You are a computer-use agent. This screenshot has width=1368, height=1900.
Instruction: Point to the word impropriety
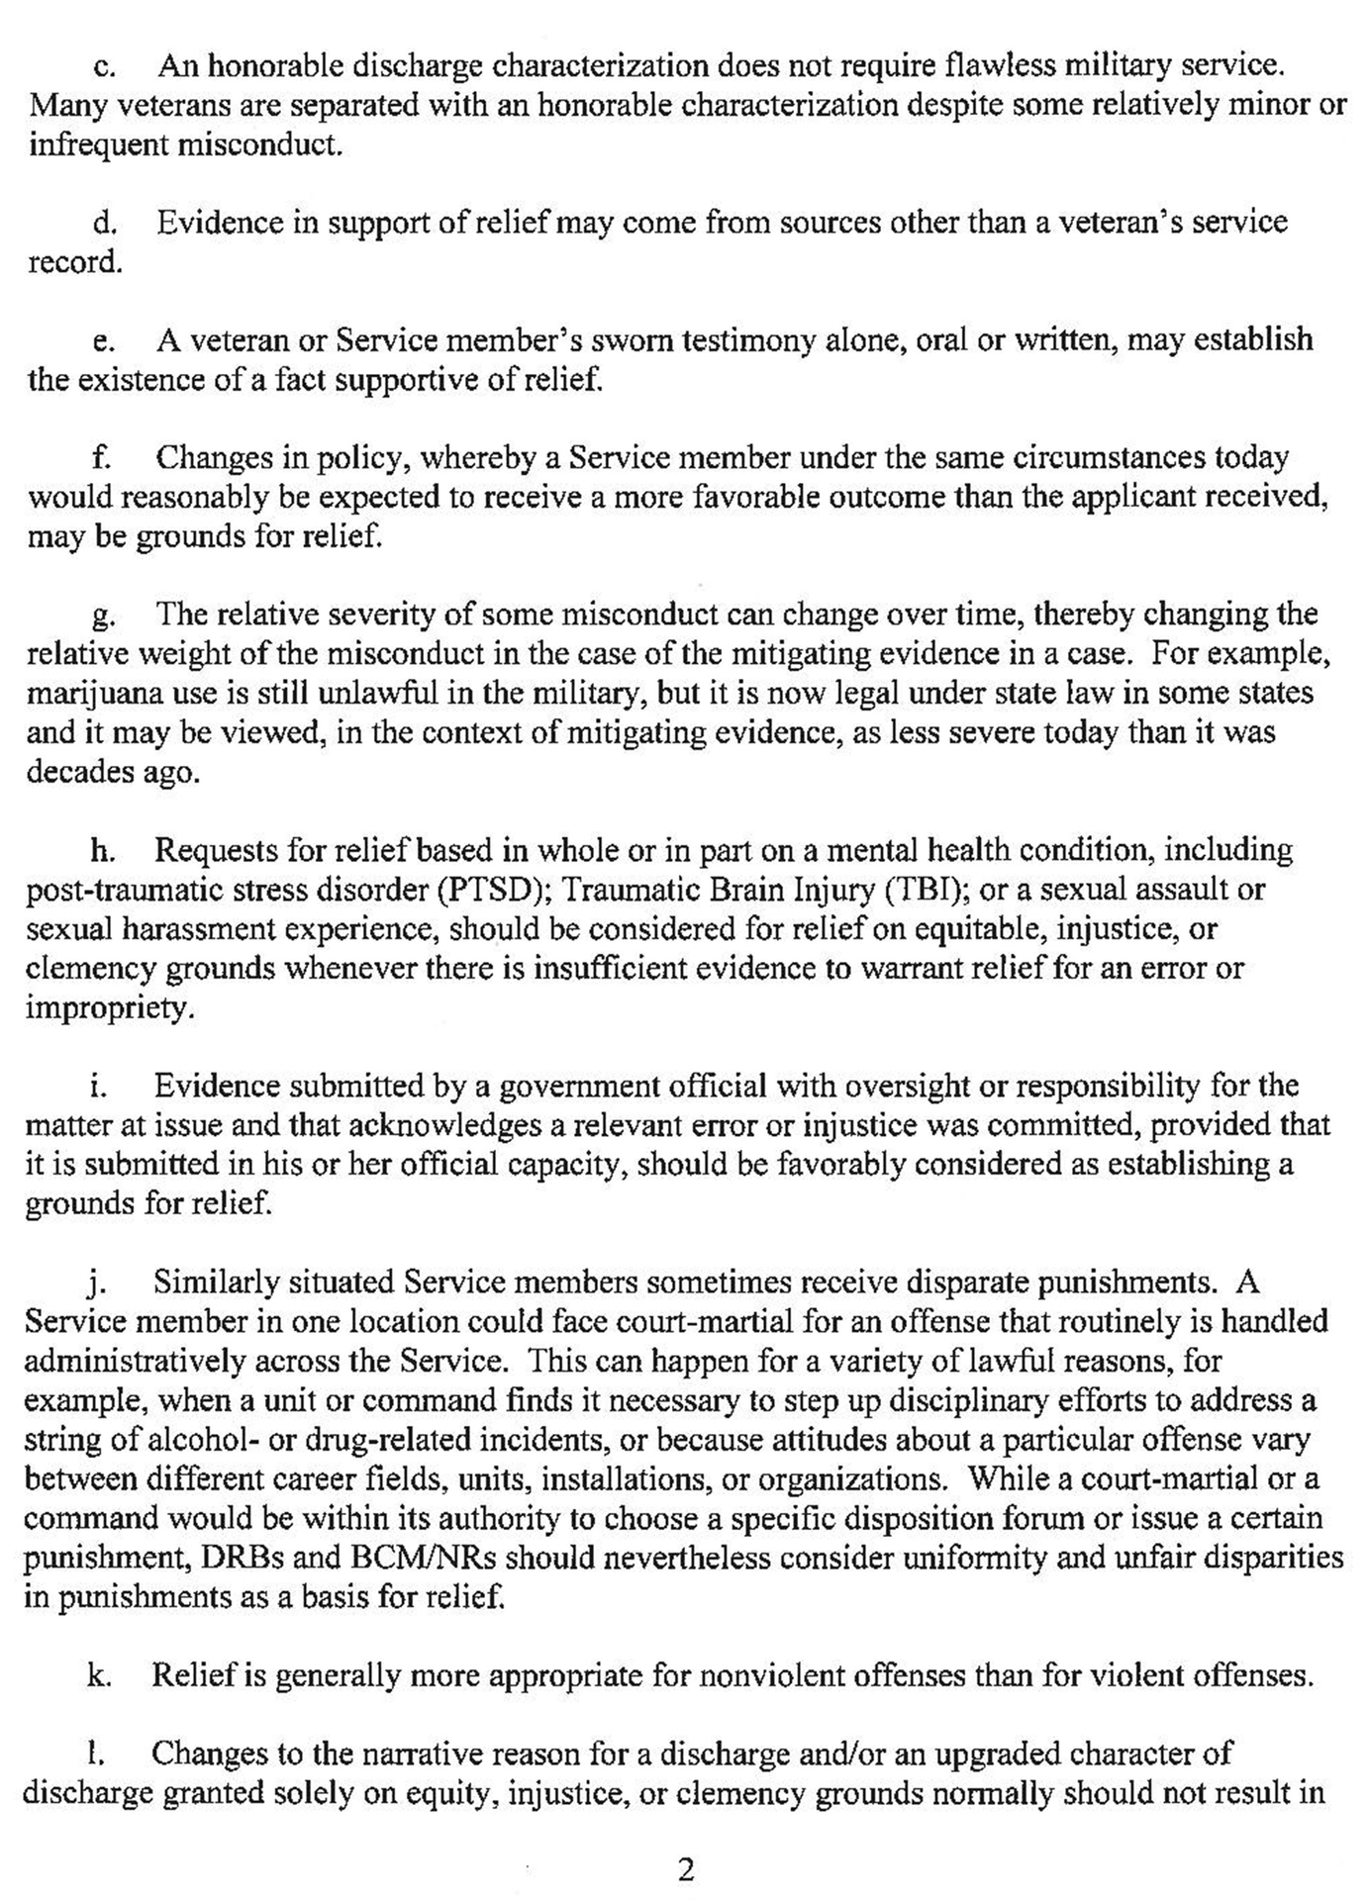[105, 1009]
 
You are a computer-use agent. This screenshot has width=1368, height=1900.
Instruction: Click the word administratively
[135, 1362]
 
